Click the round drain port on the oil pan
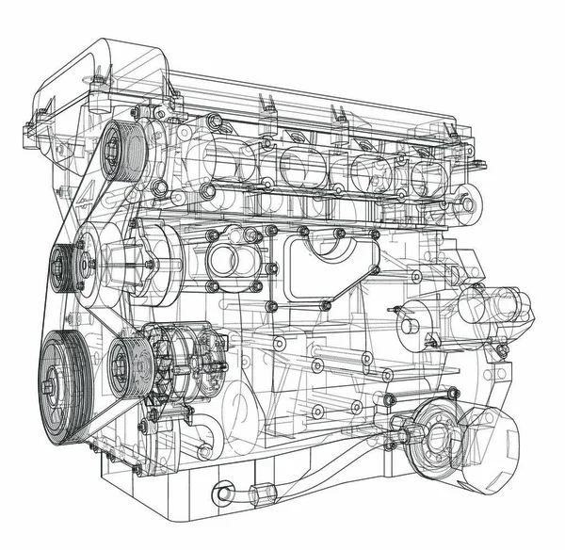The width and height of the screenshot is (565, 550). click(x=223, y=492)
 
